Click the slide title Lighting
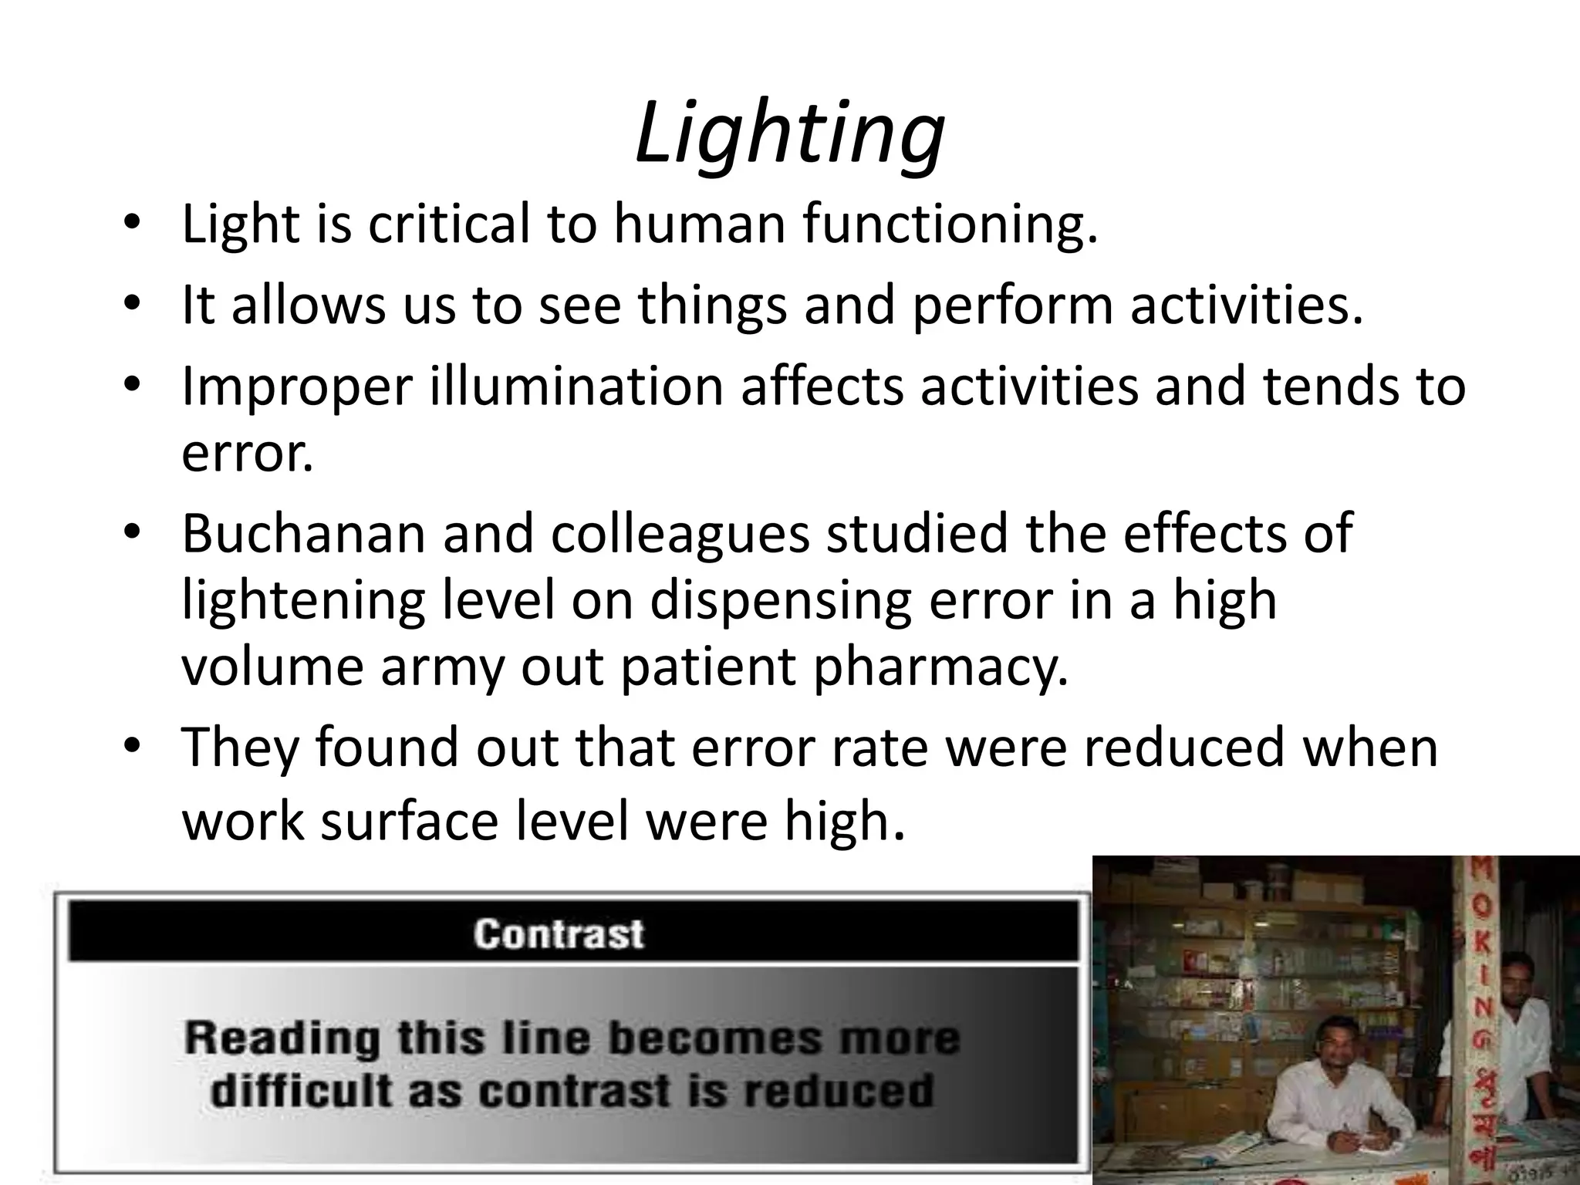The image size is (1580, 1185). pyautogui.click(x=789, y=133)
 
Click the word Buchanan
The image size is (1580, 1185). pyautogui.click(x=303, y=533)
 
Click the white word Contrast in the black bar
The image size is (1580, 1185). pyautogui.click(x=559, y=934)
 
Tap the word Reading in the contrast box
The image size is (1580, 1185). pyautogui.click(x=282, y=1038)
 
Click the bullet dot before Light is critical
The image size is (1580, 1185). pyautogui.click(x=133, y=225)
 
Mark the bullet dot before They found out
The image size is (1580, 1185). pyautogui.click(x=133, y=747)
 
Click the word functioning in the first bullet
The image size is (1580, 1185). pyautogui.click(x=948, y=225)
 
